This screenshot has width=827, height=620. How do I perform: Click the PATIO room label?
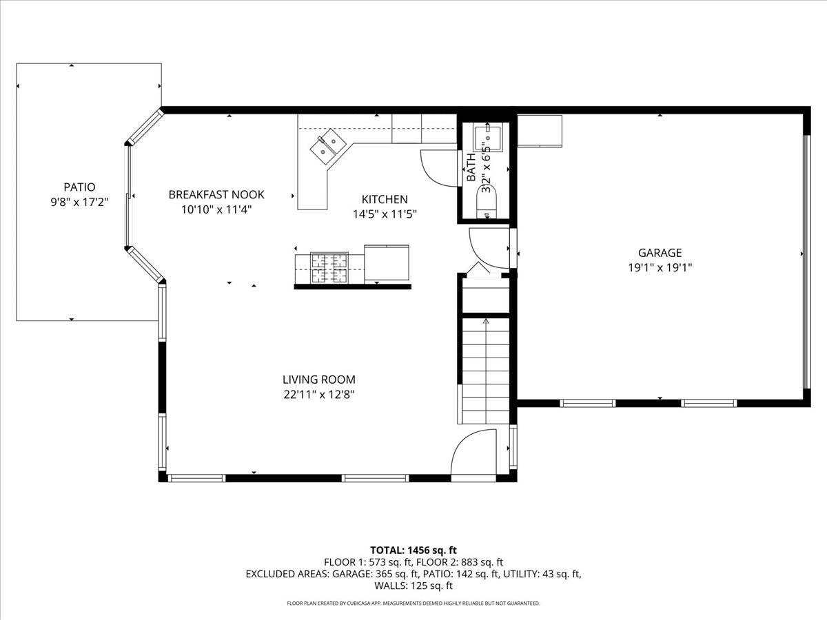[79, 187]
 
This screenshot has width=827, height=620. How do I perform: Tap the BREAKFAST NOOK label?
[216, 194]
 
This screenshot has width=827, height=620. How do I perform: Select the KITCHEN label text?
[385, 199]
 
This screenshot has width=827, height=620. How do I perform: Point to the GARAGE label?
[660, 252]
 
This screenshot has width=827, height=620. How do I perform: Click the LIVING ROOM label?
[319, 379]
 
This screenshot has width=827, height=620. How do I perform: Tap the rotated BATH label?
[471, 167]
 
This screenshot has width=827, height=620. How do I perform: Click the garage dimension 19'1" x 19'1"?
[660, 268]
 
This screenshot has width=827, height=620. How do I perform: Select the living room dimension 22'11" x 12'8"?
[319, 395]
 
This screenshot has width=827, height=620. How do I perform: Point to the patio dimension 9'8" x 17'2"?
[79, 202]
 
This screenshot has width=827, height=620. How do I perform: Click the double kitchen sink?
[328, 147]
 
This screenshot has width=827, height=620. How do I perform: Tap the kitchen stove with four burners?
[329, 268]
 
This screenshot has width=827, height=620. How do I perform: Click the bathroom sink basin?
[487, 139]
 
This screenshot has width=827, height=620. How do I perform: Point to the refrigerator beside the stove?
[387, 262]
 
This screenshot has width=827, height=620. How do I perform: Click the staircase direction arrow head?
[486, 321]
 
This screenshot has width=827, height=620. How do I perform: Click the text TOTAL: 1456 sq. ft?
[413, 550]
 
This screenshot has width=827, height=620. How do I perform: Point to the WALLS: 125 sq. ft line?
[413, 586]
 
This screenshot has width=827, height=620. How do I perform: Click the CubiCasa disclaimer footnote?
[413, 603]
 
